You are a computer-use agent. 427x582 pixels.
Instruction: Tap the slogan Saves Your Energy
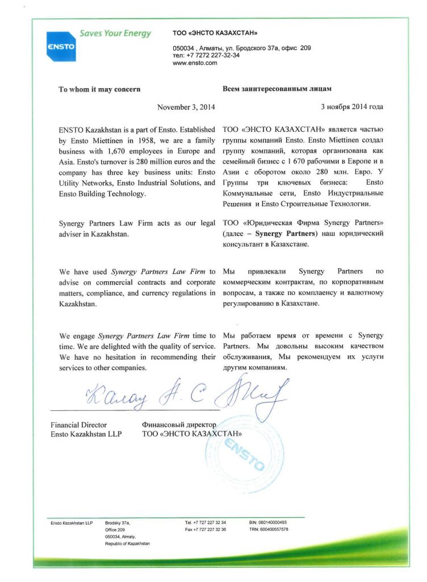[x=115, y=34]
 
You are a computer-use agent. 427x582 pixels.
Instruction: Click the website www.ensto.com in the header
[x=195, y=63]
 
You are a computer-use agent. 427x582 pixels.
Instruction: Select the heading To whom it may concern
[x=100, y=89]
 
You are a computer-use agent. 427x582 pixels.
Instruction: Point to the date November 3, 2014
[x=186, y=107]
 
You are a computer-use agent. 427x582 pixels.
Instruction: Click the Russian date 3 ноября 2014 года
[x=351, y=107]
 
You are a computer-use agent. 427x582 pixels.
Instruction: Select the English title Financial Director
[x=78, y=425]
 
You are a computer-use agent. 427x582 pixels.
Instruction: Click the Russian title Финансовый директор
[x=179, y=425]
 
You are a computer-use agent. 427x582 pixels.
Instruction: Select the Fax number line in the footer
[x=206, y=529]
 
